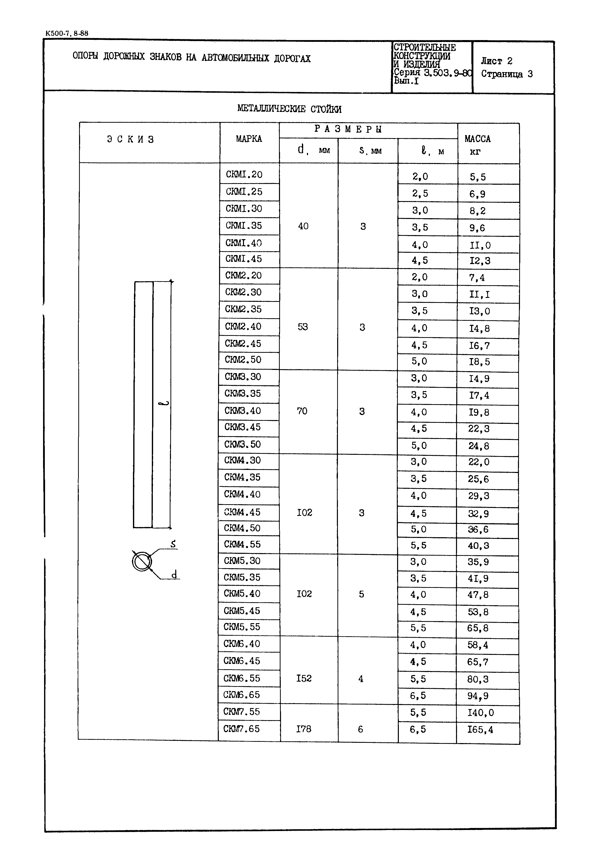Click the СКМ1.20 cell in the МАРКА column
pyautogui.click(x=244, y=175)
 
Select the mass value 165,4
pyautogui.click(x=480, y=729)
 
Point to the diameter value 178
pyautogui.click(x=303, y=729)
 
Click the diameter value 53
pyautogui.click(x=303, y=327)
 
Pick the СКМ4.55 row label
pyautogui.click(x=242, y=545)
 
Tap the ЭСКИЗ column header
pyautogui.click(x=130, y=140)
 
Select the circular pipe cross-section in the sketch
pyautogui.click(x=142, y=561)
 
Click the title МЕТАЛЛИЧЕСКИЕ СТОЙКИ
pyautogui.click(x=289, y=109)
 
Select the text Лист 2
pyautogui.click(x=497, y=61)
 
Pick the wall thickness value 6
pyautogui.click(x=360, y=729)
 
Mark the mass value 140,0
pyautogui.click(x=480, y=713)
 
